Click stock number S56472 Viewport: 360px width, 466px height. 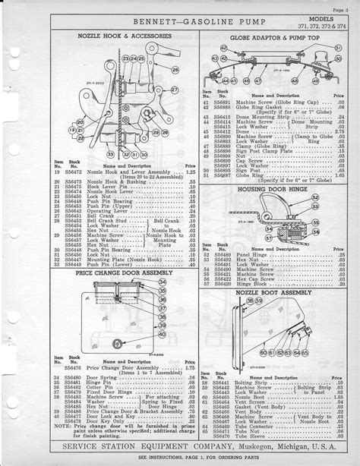click(73, 173)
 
